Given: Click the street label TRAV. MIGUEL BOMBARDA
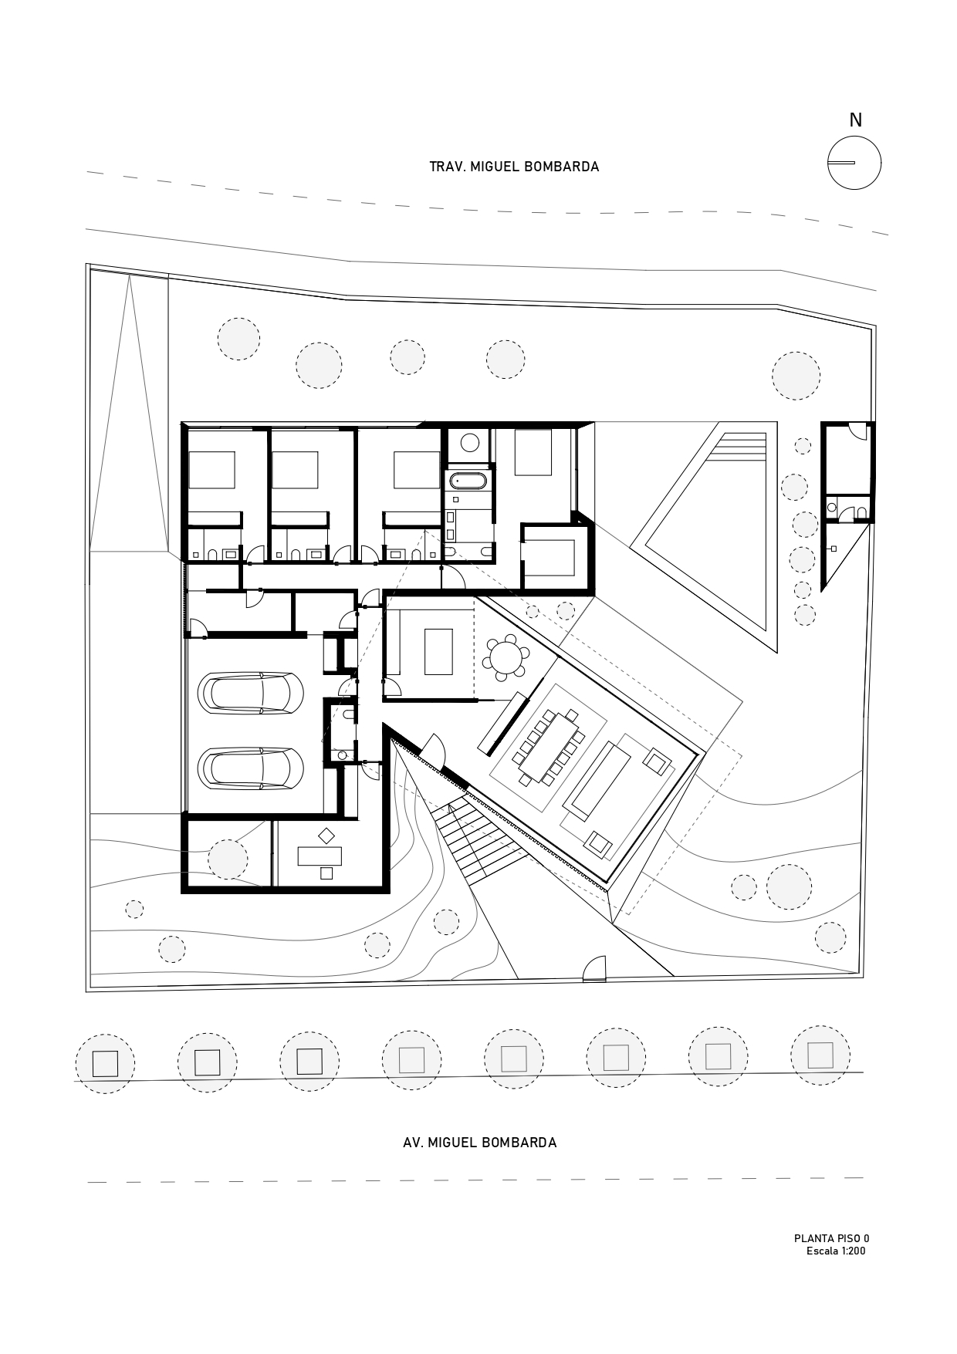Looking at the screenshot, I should [x=514, y=167].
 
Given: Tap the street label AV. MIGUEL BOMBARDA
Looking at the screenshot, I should [x=479, y=1143].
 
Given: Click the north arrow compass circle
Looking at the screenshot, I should [x=854, y=163].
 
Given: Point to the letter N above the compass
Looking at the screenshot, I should [x=855, y=120].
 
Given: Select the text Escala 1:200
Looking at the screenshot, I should [x=836, y=1251].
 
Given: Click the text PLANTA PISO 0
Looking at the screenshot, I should [x=831, y=1239].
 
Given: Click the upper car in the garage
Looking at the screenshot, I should [x=251, y=692].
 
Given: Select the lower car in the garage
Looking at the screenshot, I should [x=251, y=768].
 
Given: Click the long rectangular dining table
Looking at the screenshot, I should [x=550, y=747].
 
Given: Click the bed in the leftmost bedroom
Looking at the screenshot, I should [x=211, y=470].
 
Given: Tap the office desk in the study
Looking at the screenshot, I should [x=320, y=855].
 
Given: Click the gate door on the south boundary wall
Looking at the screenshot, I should [x=593, y=970].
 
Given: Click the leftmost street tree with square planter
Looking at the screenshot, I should [x=105, y=1064].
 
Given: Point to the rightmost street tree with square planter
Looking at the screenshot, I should [x=820, y=1055].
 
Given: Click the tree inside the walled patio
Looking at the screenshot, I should [x=228, y=859].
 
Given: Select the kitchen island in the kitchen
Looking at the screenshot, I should [x=438, y=651].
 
